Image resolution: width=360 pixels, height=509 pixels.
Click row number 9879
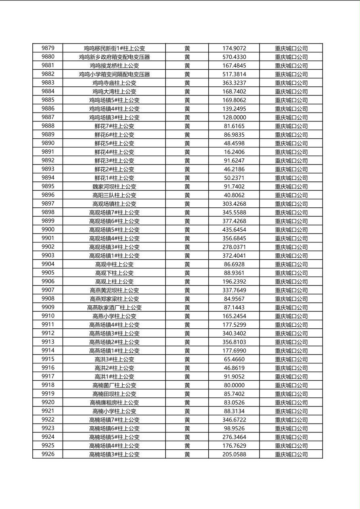tap(48, 48)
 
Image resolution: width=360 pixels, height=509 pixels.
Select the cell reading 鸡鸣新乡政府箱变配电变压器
tap(114, 57)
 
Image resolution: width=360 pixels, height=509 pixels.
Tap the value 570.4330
tap(234, 57)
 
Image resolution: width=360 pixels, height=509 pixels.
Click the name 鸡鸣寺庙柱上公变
tap(114, 83)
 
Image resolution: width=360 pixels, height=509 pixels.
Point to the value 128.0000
tap(234, 117)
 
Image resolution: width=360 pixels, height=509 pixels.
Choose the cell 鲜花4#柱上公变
tap(114, 152)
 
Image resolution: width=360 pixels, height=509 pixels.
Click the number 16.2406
tap(234, 152)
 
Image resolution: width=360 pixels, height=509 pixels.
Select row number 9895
tap(48, 186)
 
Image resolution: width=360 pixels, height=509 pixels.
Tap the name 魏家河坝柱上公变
tap(114, 186)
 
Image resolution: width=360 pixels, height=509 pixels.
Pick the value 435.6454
tap(234, 229)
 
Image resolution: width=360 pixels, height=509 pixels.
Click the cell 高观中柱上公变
tap(114, 264)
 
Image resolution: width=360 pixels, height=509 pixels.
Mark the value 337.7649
tap(234, 290)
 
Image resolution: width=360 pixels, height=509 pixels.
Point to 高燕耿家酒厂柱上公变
tap(114, 307)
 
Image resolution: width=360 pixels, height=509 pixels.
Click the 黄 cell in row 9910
tap(187, 316)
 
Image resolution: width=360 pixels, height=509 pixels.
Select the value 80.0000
tap(234, 385)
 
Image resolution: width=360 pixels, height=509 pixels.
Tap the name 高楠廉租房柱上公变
tap(114, 403)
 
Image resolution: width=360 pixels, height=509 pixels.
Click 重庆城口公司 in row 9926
tap(291, 454)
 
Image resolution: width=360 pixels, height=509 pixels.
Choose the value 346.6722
tap(234, 420)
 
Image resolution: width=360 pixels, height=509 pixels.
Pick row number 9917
tap(48, 376)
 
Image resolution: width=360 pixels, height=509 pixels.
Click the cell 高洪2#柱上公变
tap(114, 368)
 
